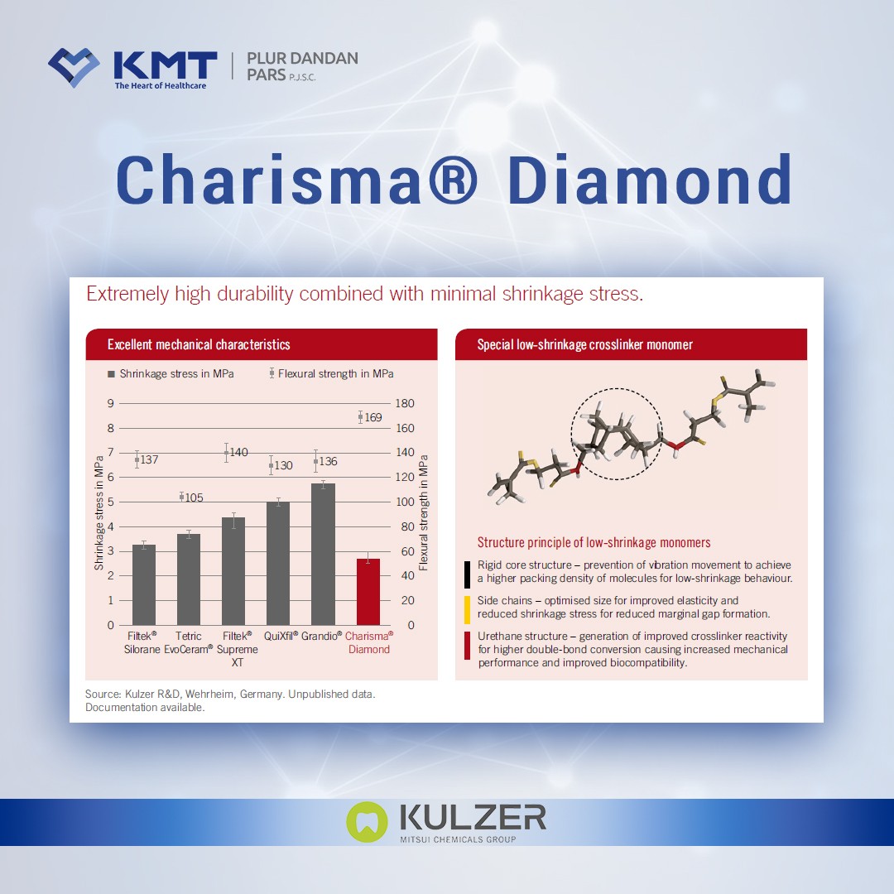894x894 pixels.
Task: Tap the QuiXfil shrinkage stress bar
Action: pos(278,563)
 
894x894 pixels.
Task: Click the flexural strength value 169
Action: pos(373,418)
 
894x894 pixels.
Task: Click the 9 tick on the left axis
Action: pos(110,403)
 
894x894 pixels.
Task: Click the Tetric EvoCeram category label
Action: pos(189,642)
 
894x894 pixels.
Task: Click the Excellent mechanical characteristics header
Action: pos(199,344)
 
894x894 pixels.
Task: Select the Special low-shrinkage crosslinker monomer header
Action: pos(585,344)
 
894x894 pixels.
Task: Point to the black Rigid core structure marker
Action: pos(468,572)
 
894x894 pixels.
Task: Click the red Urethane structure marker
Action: pos(468,646)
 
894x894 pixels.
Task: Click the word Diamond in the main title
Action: pos(650,180)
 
